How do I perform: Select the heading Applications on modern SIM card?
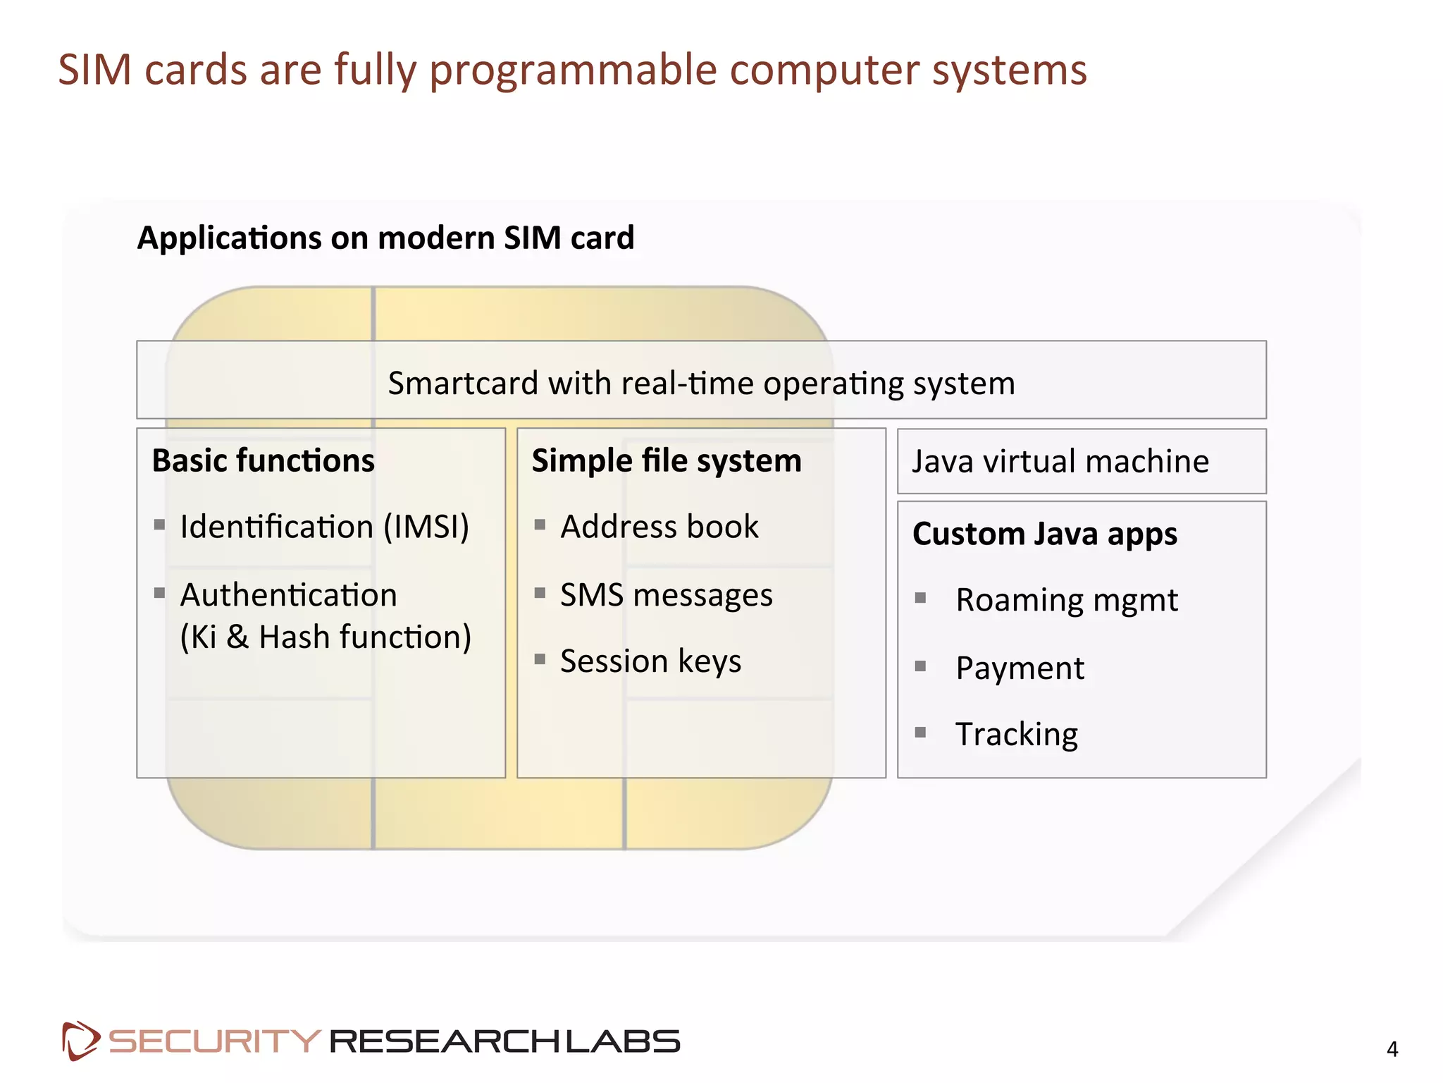pos(385,238)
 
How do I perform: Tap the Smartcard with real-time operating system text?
pos(701,384)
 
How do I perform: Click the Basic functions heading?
pos(263,460)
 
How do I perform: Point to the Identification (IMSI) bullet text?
pos(324,527)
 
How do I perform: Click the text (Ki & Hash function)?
pos(326,637)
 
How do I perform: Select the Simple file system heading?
pos(667,460)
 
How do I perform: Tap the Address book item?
pos(659,527)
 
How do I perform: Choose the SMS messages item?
pos(666,595)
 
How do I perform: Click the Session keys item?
pos(650,661)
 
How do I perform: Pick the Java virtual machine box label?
pos(1060,462)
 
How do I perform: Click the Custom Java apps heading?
pos(1045,534)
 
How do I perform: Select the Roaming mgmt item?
pos(1066,600)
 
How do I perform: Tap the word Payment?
pos(1020,668)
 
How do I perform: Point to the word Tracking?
pos(1016,734)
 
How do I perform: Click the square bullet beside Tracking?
pos(920,733)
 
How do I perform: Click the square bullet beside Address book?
pos(540,525)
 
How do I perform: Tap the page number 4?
pos(1392,1049)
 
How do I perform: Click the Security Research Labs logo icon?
pos(80,1041)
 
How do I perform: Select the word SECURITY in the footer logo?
pos(214,1041)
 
